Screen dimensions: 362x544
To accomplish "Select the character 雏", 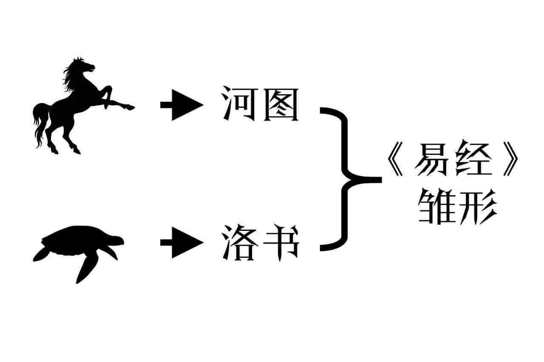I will tap(435, 208).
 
